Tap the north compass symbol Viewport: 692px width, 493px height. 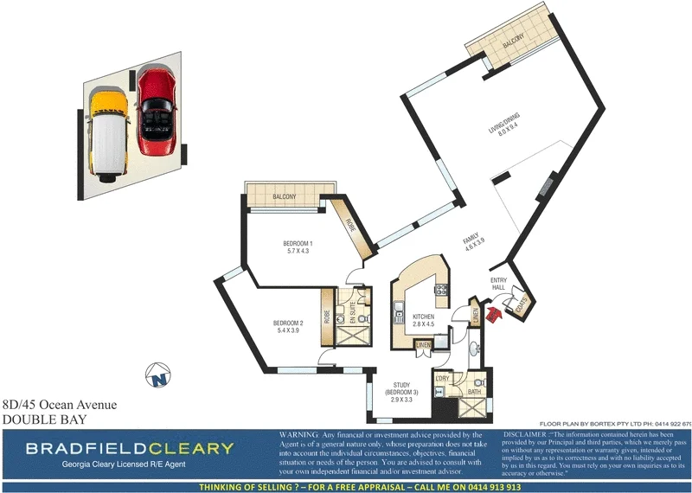(x=157, y=377)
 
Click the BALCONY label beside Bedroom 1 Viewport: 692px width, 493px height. (x=285, y=197)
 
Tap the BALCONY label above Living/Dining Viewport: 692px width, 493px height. (x=515, y=43)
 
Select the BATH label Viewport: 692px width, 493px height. (x=474, y=392)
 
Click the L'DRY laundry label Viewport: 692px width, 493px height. (x=441, y=379)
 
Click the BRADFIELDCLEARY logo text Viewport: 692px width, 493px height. (x=129, y=448)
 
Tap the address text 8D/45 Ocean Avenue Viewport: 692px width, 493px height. (x=59, y=404)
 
